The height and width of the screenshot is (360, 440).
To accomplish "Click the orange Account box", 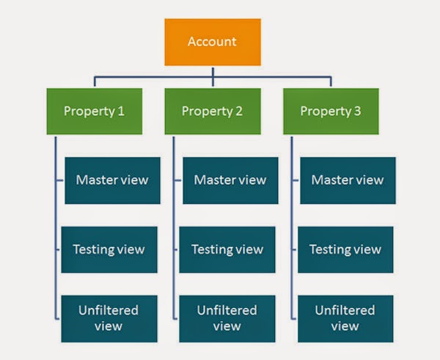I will (x=213, y=42).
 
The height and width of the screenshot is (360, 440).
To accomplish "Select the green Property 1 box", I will (x=95, y=111).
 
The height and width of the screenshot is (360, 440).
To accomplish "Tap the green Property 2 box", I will (x=212, y=111).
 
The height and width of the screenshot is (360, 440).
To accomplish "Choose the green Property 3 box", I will (x=331, y=111).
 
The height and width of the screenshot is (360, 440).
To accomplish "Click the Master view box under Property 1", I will (x=112, y=180).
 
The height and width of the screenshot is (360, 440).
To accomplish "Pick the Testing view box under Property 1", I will (x=109, y=249).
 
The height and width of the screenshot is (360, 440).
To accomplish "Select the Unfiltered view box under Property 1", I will (x=108, y=318).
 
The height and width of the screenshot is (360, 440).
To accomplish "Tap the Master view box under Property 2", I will (x=230, y=180).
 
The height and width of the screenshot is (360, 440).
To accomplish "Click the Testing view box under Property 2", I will (x=227, y=249).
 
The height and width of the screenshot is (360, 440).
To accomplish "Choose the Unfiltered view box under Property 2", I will (x=227, y=318).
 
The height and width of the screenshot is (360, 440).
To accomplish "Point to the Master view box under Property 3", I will (x=347, y=180).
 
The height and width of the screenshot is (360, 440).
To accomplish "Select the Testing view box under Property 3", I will (x=345, y=249).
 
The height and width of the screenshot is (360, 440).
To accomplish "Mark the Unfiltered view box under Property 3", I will (x=345, y=318).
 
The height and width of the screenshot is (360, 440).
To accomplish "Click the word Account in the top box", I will (x=213, y=42).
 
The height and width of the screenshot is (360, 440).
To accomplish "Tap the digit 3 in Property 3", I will (x=356, y=111).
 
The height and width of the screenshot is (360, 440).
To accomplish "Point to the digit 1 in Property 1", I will (x=121, y=111).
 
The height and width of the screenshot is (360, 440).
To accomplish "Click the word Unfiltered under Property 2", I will (x=227, y=311).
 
